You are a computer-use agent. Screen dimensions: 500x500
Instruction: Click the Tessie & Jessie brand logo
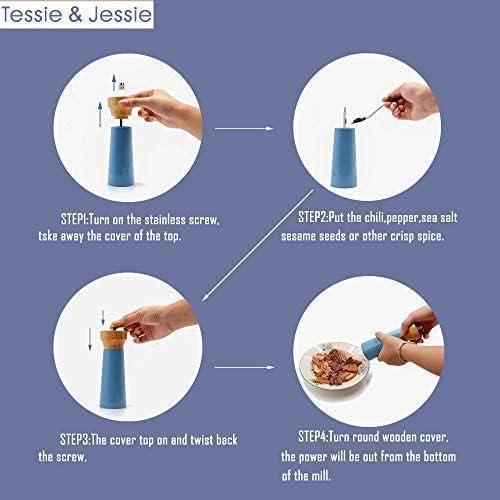pos(78,17)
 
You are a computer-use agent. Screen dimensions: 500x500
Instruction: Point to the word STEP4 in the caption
pos(319,437)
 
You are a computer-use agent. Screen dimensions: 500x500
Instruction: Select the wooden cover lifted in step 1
pos(123,105)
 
